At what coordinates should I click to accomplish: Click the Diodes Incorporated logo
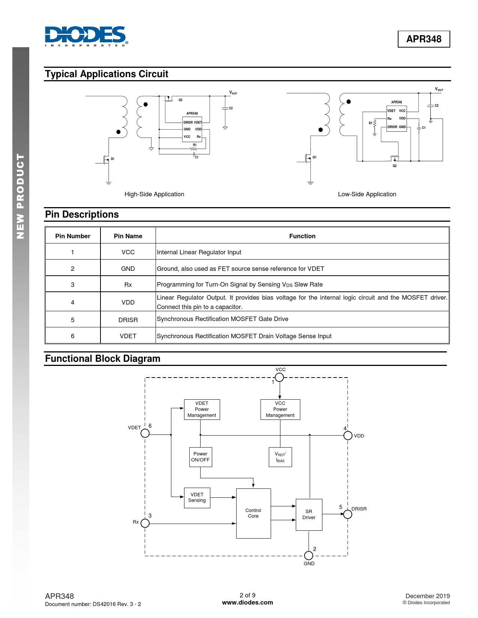[85, 36]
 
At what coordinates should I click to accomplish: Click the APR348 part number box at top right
[424, 39]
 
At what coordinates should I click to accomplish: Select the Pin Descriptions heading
[82, 215]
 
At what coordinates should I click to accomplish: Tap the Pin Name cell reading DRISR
[128, 320]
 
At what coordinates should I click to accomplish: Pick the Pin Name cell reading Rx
[128, 285]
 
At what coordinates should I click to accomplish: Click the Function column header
[302, 236]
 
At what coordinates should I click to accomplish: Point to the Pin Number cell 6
[73, 336]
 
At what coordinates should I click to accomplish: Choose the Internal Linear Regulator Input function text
[199, 252]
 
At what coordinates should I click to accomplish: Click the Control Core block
[253, 513]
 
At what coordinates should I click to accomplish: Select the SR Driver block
[309, 515]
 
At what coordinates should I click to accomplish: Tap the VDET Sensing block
[197, 497]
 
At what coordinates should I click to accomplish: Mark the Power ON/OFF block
[201, 457]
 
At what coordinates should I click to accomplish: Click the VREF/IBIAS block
[280, 457]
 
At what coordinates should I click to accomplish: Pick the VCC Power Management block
[280, 409]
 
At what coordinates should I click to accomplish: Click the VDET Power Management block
[202, 409]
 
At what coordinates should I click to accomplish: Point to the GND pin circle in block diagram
[309, 555]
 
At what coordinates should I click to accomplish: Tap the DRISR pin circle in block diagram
[348, 514]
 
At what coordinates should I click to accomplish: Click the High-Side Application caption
[154, 194]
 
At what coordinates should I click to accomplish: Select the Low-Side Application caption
[367, 194]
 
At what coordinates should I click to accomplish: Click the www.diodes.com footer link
[247, 603]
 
